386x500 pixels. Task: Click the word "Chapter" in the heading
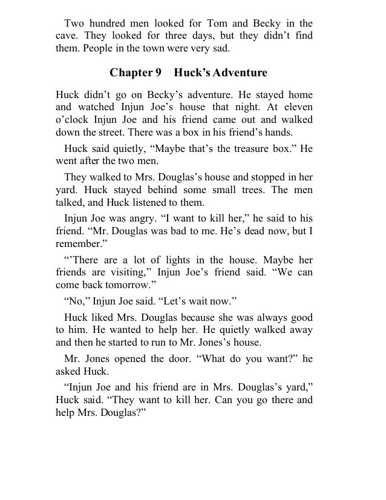click(x=131, y=73)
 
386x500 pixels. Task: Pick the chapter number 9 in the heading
click(x=158, y=73)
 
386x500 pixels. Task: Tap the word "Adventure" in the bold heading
click(x=235, y=73)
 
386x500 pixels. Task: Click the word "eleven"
click(x=297, y=107)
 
